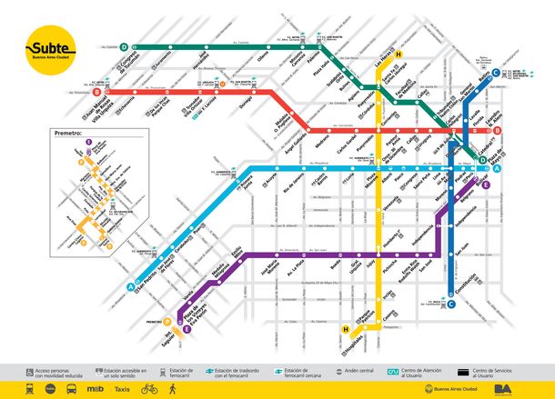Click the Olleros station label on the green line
pos(263,58)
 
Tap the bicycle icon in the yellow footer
pos(148,387)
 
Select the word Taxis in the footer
pos(123,387)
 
